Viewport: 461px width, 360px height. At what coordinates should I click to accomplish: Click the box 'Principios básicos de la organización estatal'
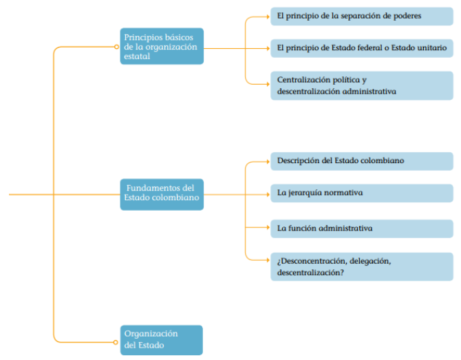[x=162, y=46]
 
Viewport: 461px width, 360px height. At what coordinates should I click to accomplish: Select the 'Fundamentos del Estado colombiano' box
[x=162, y=194]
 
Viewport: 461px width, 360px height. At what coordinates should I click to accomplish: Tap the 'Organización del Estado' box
[x=162, y=340]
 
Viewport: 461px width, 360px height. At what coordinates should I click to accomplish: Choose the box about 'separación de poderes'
[x=362, y=17]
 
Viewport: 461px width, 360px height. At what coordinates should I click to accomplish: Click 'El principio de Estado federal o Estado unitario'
[x=362, y=48]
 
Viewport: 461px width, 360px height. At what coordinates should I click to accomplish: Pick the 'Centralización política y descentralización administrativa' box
[x=362, y=85]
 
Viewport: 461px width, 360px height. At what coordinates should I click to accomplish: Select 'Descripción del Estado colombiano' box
[x=362, y=161]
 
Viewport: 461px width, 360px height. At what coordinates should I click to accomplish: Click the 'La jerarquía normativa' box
[x=362, y=193]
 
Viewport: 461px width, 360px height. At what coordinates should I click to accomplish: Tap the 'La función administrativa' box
[x=362, y=229]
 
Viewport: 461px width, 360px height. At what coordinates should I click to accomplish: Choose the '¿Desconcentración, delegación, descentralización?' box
[x=362, y=266]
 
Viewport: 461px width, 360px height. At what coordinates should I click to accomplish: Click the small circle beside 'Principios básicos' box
[x=116, y=47]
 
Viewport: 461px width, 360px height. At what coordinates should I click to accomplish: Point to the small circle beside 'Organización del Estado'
[x=116, y=342]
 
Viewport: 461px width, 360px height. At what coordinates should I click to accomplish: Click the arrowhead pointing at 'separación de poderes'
[x=268, y=17]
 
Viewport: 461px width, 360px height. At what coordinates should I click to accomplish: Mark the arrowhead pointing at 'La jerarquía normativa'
[x=268, y=194]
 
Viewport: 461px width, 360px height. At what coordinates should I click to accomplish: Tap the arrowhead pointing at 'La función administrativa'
[x=268, y=227]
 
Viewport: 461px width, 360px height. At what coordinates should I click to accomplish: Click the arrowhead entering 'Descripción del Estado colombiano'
[x=268, y=162]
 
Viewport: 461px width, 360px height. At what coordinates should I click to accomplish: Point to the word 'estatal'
[x=137, y=56]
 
